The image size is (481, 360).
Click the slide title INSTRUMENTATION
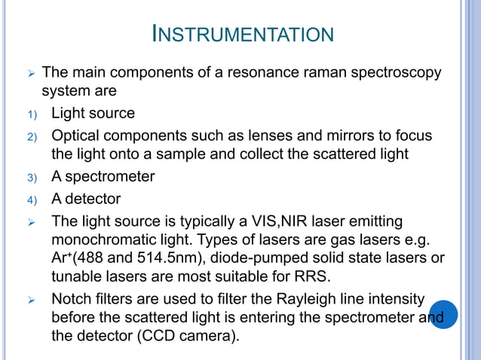click(x=242, y=34)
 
